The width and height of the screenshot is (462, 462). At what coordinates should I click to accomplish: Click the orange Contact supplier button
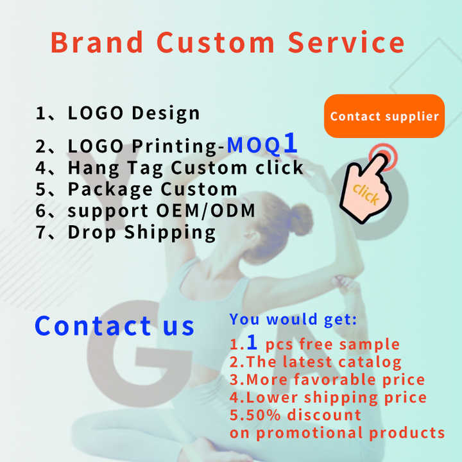(384, 116)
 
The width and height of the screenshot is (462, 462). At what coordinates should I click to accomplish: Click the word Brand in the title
(97, 42)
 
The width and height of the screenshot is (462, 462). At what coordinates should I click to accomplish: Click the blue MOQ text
(254, 145)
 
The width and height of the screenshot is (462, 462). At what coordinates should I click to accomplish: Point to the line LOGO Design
(118, 114)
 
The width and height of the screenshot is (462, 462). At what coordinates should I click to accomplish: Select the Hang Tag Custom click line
(169, 168)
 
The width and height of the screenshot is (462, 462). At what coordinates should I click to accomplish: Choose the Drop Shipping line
(126, 232)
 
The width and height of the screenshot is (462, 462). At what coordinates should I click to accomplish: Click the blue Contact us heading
(114, 325)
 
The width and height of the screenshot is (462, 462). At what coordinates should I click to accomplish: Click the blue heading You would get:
(293, 319)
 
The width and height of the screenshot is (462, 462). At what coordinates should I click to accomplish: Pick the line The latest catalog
(316, 363)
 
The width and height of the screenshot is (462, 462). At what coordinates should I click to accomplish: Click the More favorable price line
(327, 380)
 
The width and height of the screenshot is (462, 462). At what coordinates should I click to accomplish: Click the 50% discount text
(295, 415)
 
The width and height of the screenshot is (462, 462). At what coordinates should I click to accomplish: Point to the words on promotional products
(337, 432)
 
